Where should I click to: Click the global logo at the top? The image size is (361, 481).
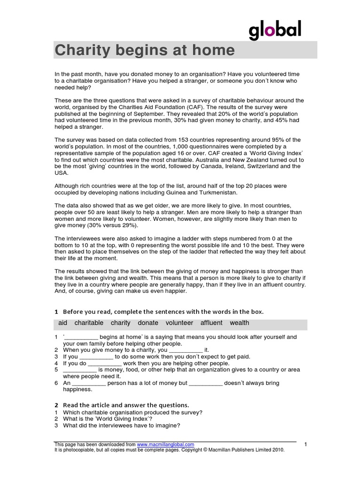(275, 31)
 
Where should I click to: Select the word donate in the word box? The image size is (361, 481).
(148, 323)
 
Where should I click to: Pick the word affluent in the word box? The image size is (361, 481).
(211, 323)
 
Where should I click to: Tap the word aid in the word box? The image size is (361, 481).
(63, 323)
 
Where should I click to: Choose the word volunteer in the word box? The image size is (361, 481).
(179, 323)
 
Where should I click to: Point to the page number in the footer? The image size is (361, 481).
(306, 444)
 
